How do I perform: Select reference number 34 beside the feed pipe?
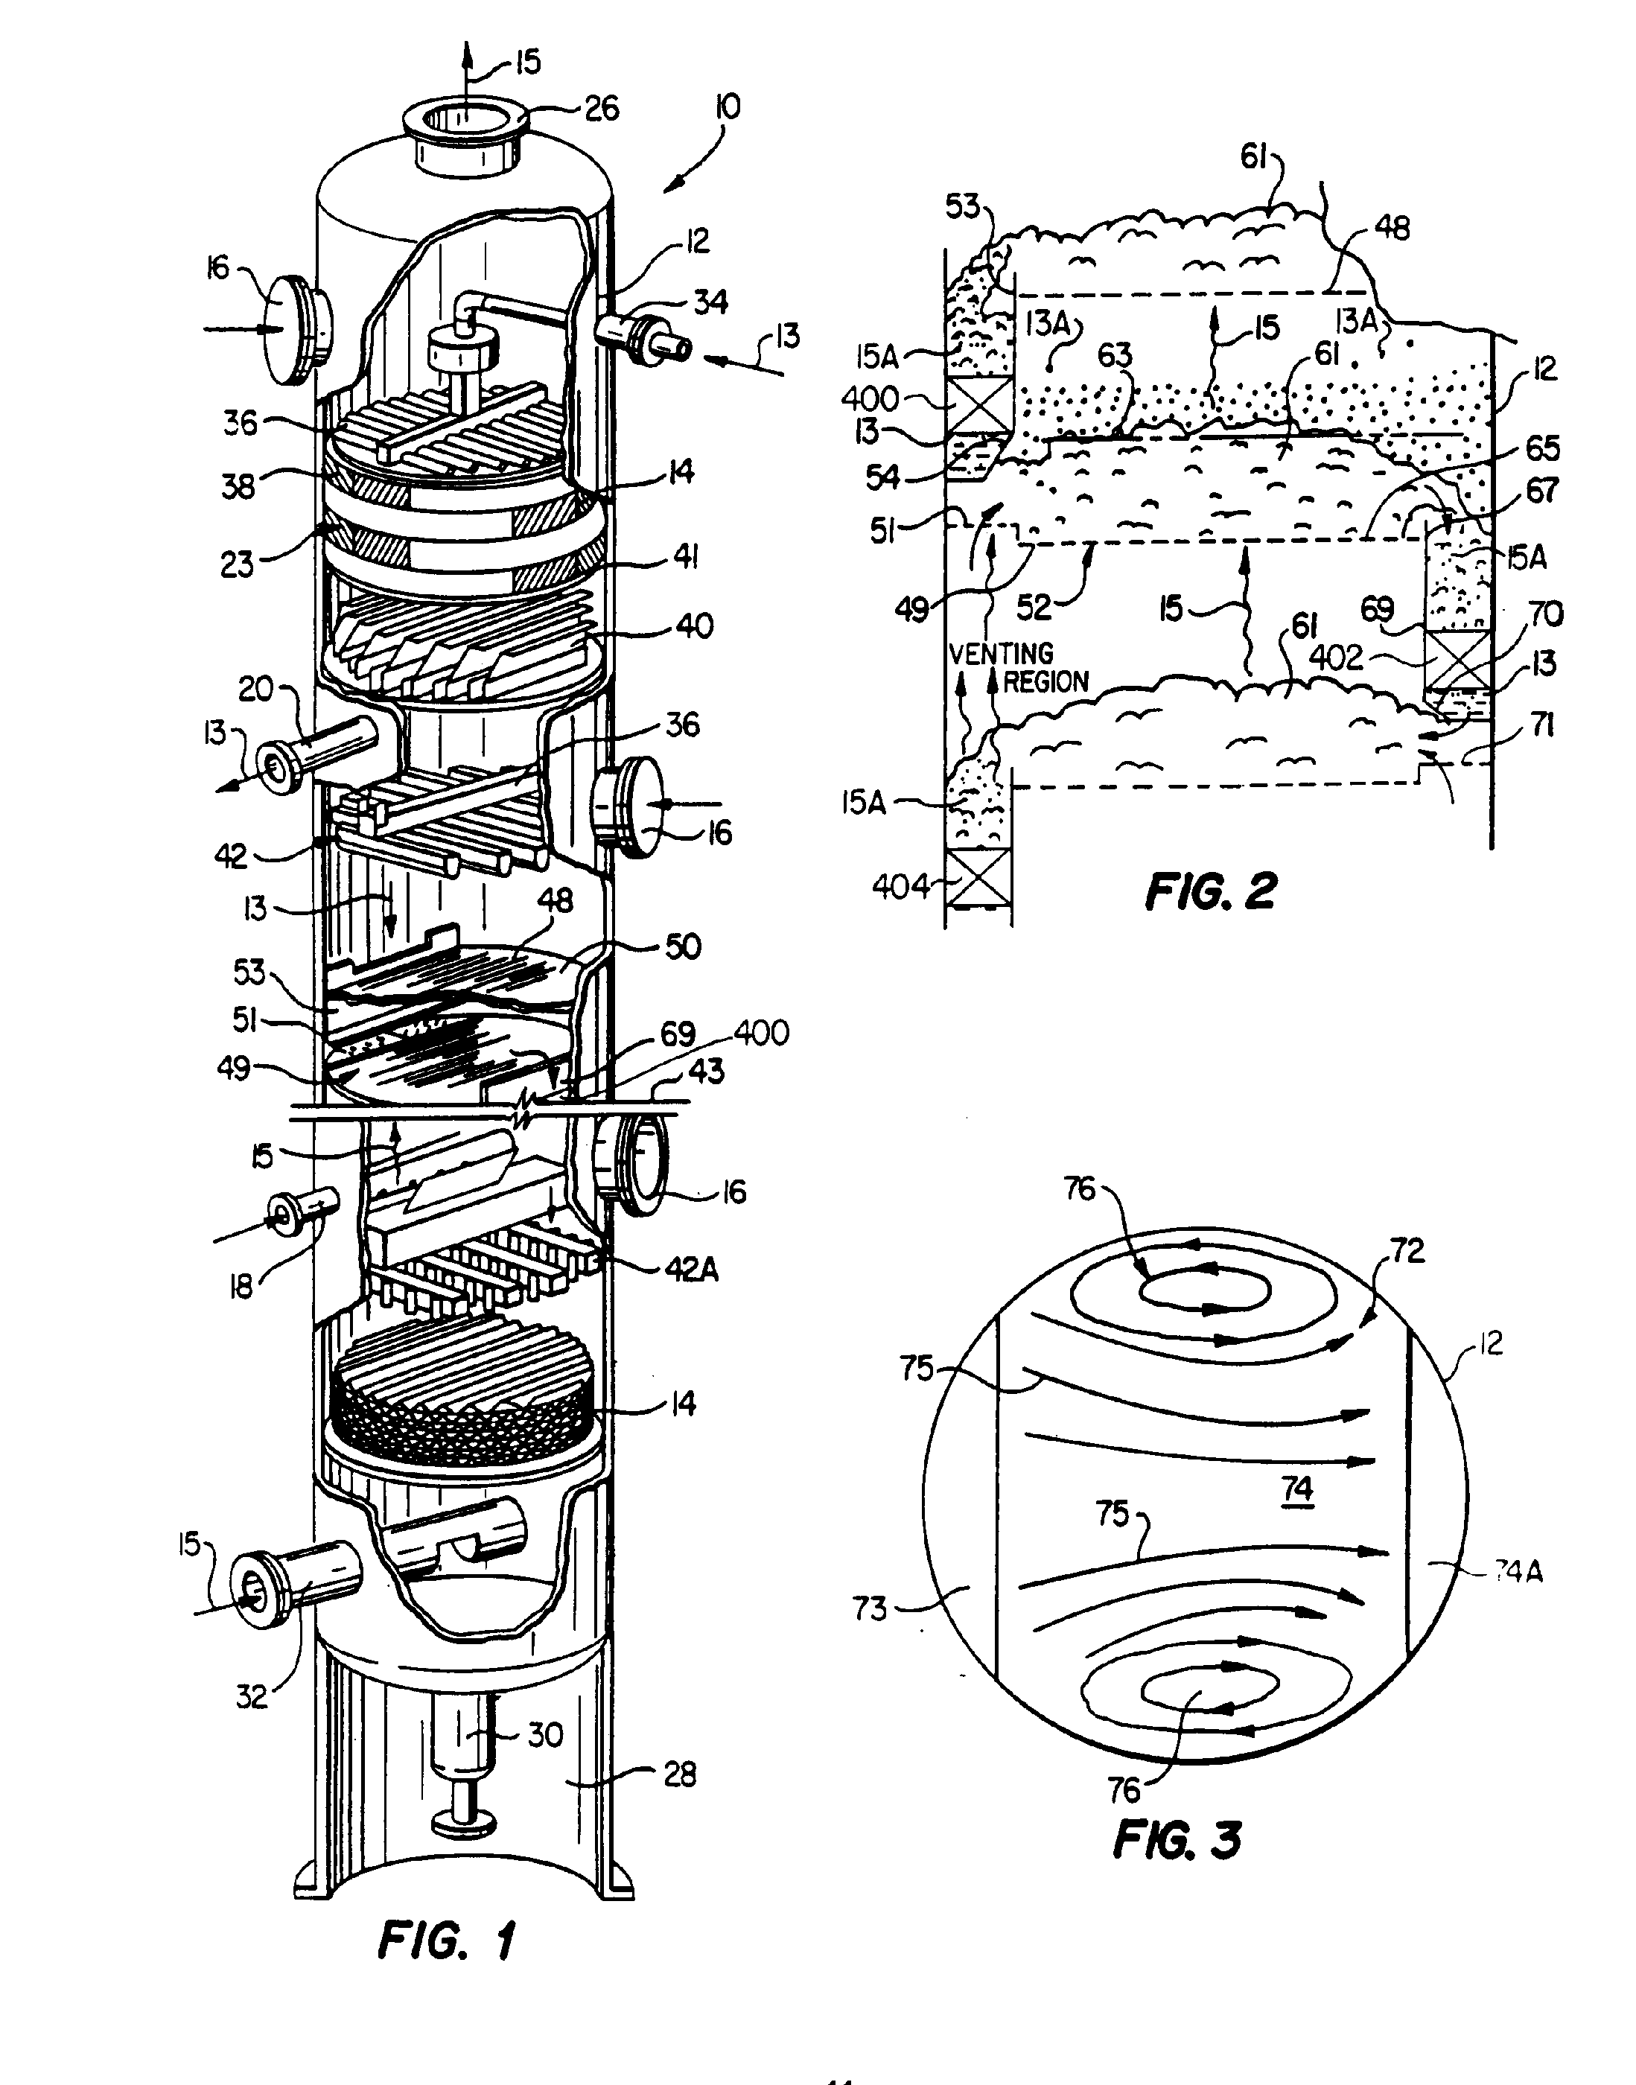coord(710,302)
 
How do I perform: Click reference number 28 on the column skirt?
coord(679,1774)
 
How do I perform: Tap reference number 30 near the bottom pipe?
coord(545,1734)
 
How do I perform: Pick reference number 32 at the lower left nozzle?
coord(252,1697)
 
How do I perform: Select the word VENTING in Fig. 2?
coord(1001,654)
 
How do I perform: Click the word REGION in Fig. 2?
coord(1046,682)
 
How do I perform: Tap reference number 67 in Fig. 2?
coord(1542,491)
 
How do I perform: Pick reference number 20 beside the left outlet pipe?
coord(255,689)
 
